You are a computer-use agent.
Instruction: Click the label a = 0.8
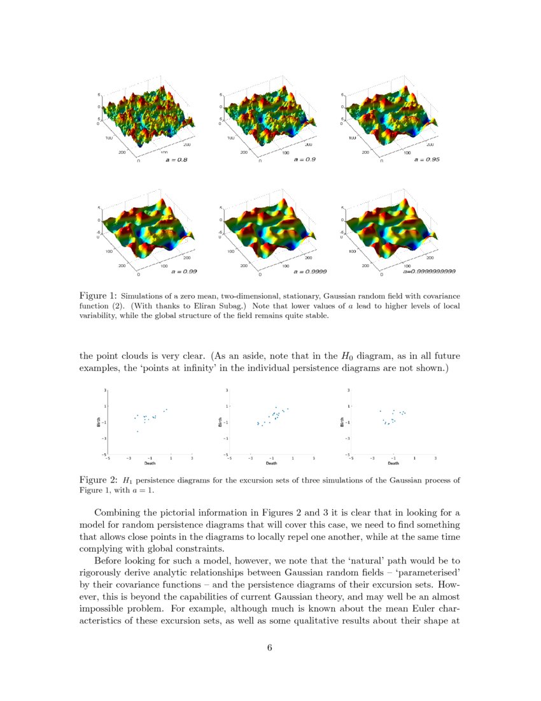[x=176, y=159]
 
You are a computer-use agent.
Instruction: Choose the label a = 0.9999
[x=310, y=271]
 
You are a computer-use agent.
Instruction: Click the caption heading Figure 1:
[x=98, y=296]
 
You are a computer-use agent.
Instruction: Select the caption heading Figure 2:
[x=98, y=479]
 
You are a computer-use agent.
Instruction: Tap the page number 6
[x=270, y=648]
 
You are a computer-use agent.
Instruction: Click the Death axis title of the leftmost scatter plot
[x=150, y=463]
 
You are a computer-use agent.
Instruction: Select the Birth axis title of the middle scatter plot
[x=220, y=421]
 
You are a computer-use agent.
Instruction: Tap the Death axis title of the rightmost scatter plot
[x=393, y=463]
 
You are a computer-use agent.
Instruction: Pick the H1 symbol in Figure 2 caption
[x=127, y=480]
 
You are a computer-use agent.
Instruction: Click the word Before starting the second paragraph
[x=111, y=561]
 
